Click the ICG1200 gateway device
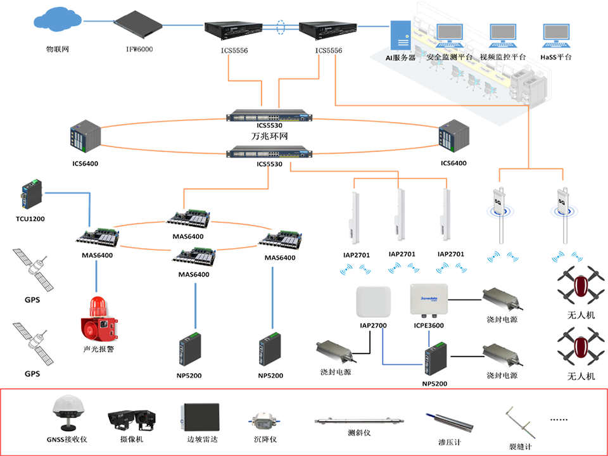pyautogui.click(x=30, y=196)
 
